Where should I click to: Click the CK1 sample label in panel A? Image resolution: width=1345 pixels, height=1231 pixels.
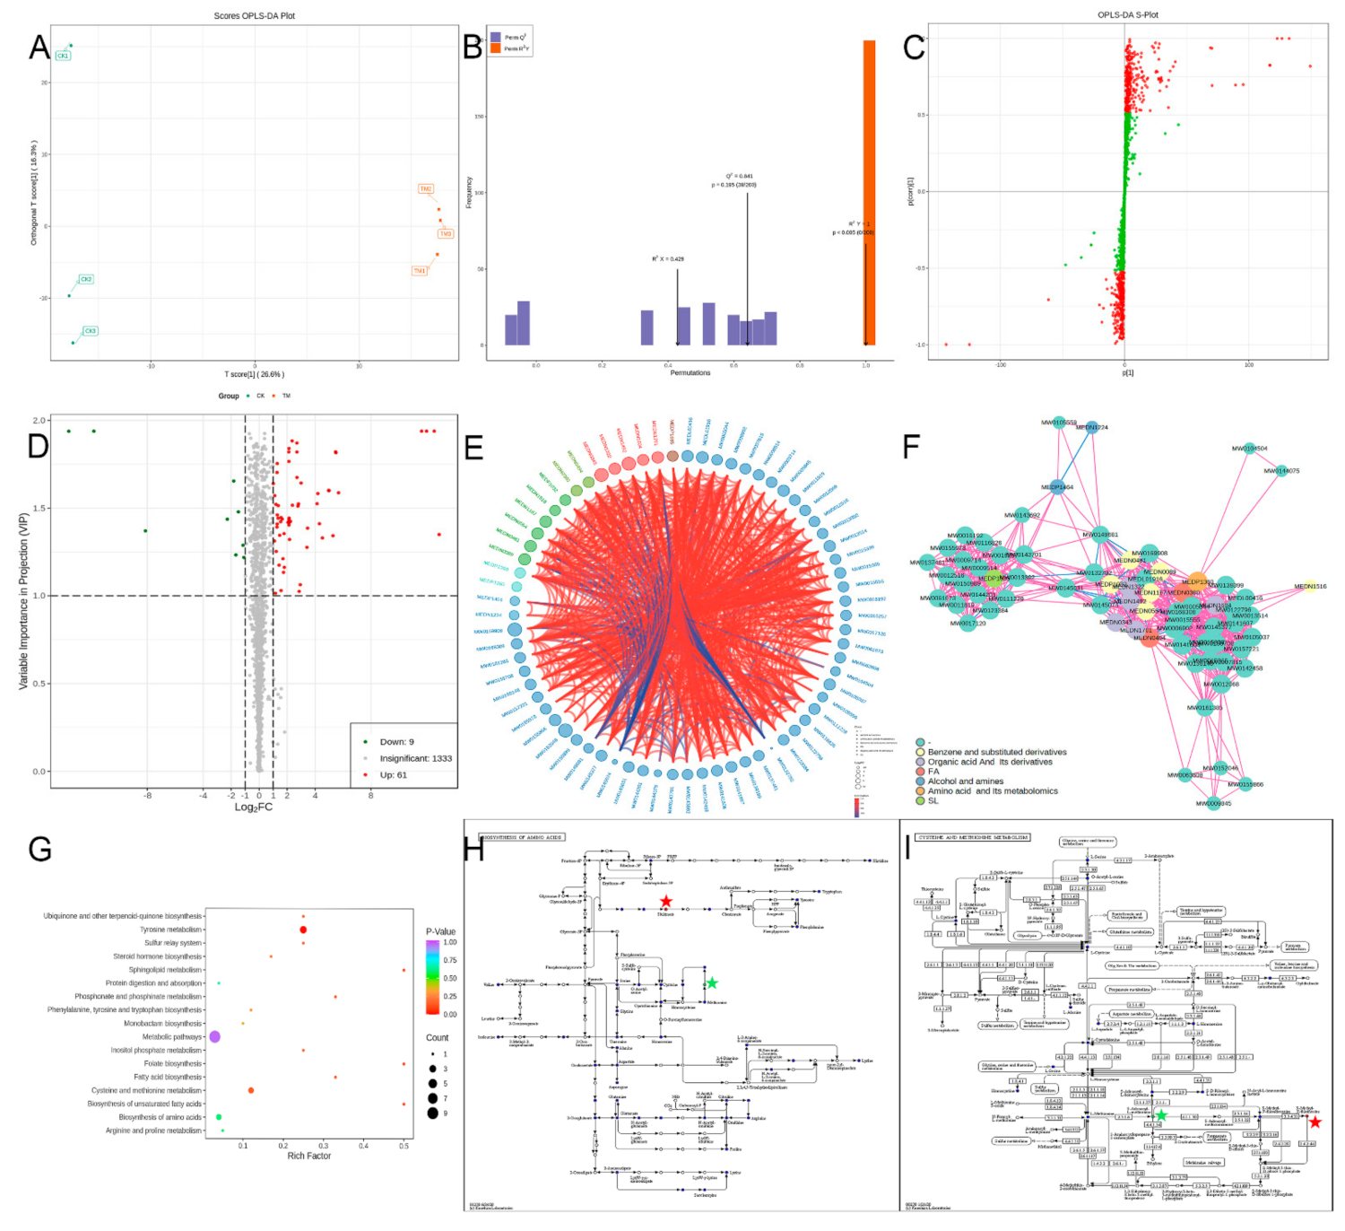[x=63, y=56]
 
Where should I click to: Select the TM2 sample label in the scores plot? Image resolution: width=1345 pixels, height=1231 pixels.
[x=426, y=189]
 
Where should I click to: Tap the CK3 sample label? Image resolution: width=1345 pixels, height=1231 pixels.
[x=90, y=331]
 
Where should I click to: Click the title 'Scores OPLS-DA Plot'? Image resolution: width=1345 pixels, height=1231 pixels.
[x=254, y=16]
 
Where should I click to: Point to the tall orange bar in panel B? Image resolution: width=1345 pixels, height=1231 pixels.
[x=869, y=193]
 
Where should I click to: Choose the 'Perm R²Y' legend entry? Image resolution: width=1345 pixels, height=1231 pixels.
[x=516, y=48]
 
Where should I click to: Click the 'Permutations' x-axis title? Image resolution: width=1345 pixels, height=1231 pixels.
[x=690, y=372]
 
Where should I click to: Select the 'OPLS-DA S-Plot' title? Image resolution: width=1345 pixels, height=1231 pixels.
[x=1127, y=15]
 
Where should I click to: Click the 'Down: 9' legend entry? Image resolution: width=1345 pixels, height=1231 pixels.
[x=396, y=742]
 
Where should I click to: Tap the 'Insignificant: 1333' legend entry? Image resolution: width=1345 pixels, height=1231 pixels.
[x=415, y=758]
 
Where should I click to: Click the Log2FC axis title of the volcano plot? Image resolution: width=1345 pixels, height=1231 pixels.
[x=254, y=808]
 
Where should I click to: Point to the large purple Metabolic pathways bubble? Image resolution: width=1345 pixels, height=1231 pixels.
[x=215, y=1037]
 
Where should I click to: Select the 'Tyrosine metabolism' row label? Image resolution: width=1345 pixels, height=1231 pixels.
[x=170, y=930]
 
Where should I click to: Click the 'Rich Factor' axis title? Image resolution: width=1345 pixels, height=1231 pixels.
[x=308, y=1157]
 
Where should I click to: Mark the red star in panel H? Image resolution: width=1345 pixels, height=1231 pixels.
[x=665, y=902]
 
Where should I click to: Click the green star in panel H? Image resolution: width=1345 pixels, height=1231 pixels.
[x=711, y=983]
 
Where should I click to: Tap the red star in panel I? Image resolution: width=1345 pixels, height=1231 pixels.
[x=1315, y=1122]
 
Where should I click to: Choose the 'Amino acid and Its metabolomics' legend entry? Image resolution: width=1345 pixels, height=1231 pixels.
[x=992, y=791]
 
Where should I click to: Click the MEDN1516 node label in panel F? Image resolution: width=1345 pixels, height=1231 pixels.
[x=1310, y=587]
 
